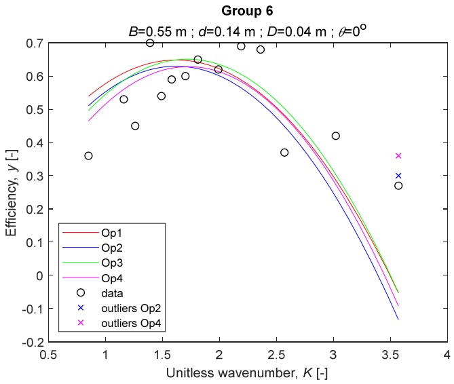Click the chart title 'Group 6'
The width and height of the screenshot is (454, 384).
tap(248, 12)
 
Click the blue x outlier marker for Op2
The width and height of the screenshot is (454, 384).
tap(398, 176)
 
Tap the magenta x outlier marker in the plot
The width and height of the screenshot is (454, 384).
tap(398, 156)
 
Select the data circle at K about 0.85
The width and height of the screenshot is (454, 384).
tap(88, 156)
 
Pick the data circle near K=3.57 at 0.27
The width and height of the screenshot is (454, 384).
tap(398, 186)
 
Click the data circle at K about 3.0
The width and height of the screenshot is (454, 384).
tap(336, 136)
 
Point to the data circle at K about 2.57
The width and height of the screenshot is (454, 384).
tap(284, 153)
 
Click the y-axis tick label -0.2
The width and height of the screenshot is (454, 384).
tap(33, 342)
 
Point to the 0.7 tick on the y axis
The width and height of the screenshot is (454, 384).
tap(35, 43)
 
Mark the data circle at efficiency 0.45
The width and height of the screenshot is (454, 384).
tap(135, 126)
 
